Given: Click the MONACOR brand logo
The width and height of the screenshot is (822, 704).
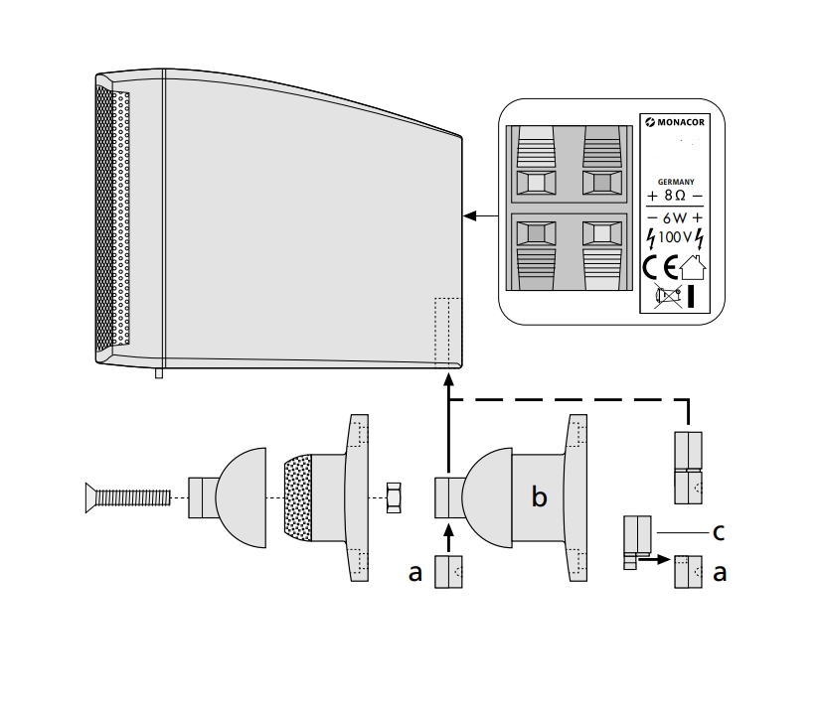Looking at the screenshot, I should click(x=675, y=123).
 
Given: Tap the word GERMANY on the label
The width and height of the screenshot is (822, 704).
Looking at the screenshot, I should click(x=675, y=182).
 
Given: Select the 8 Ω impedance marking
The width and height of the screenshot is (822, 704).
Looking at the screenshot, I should click(x=675, y=196).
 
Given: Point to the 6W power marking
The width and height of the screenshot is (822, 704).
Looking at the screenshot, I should click(x=675, y=217).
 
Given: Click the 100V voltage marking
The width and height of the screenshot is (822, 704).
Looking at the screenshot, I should click(x=675, y=238).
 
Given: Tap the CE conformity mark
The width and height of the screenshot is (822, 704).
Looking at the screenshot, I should click(x=659, y=267).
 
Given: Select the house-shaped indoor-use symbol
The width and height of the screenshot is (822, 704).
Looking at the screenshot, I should click(x=693, y=266).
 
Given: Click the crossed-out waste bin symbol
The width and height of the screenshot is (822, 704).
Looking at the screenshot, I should click(x=668, y=294).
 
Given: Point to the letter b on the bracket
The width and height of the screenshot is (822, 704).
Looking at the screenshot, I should click(x=539, y=496).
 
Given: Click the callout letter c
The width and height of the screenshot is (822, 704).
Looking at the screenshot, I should click(x=718, y=532).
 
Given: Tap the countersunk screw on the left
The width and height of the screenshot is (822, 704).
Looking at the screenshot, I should click(x=129, y=496).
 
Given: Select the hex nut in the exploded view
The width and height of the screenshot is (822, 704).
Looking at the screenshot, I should click(x=394, y=496).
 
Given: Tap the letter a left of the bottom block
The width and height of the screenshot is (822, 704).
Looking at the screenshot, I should click(x=415, y=572).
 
